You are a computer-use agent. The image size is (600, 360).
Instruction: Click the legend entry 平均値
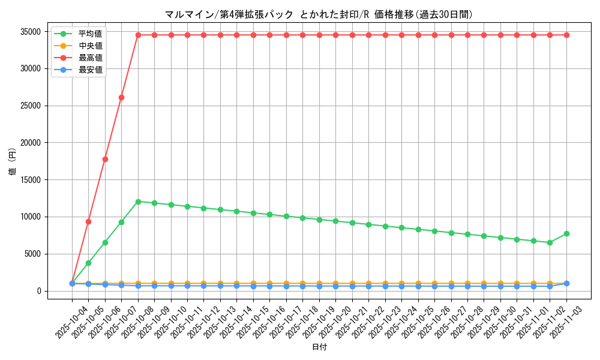91,33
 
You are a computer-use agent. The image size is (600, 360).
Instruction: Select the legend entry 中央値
91,45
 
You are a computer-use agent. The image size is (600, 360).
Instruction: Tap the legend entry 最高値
91,58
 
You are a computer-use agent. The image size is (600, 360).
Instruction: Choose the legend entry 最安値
91,70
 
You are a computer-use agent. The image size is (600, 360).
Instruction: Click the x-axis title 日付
319,347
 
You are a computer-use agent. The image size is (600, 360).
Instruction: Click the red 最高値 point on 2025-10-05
88,221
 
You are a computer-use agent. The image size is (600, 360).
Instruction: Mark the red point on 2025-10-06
105,159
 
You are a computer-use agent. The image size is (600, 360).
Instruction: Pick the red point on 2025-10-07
121,97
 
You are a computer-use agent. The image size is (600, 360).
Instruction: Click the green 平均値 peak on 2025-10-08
138,202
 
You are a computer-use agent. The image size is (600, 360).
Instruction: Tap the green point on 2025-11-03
566,233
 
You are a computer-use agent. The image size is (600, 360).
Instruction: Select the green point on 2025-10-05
88,263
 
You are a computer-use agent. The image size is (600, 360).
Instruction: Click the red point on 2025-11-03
566,35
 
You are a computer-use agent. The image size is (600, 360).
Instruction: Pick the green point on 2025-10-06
105,242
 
